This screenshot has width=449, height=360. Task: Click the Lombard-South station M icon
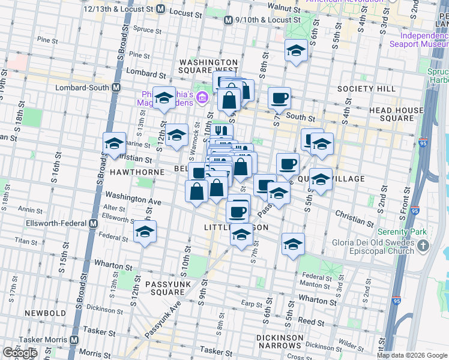tap(116, 87)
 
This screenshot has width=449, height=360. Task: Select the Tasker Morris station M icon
tap(74, 340)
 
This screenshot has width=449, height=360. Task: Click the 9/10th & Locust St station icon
tap(228, 20)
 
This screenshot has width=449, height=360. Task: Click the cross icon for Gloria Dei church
tap(423, 245)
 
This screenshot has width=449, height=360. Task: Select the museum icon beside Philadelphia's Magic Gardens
tap(202, 97)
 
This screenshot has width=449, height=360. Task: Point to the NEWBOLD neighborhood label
tap(45, 313)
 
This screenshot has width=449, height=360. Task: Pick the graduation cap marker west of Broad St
tap(115, 144)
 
